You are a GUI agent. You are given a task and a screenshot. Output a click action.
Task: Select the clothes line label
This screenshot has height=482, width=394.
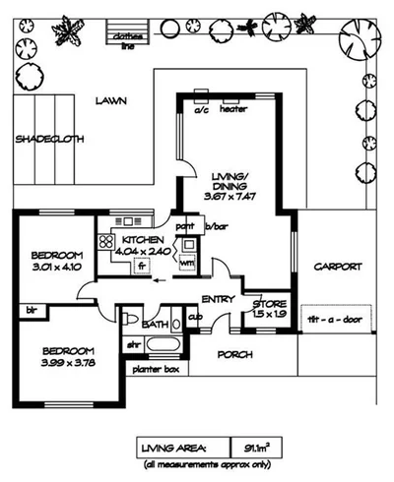[x=128, y=40]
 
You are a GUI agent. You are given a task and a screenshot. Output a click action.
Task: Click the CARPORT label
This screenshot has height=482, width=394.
[x=338, y=266]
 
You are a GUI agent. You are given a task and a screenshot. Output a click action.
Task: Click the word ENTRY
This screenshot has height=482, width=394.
[x=217, y=299]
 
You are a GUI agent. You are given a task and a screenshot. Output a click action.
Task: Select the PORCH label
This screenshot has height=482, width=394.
[x=234, y=354]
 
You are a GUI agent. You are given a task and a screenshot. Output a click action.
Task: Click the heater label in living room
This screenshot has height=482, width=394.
[x=233, y=109]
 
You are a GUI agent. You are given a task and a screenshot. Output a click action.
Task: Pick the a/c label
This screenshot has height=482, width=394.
[x=201, y=109]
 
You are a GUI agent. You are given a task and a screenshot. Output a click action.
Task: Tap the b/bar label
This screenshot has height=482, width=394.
[x=216, y=226]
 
